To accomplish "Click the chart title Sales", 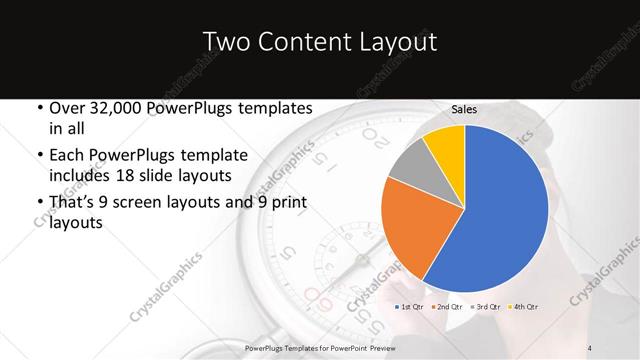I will (463, 108).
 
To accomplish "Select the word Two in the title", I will (226, 42).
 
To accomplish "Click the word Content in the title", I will (305, 42).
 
